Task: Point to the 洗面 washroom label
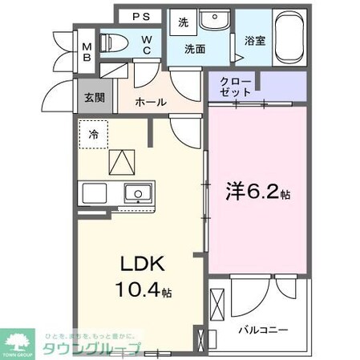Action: [x=195, y=49]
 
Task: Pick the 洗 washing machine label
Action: [x=183, y=22]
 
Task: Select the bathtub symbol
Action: [x=289, y=38]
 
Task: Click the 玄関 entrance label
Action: [x=95, y=98]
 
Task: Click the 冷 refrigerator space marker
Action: [x=94, y=135]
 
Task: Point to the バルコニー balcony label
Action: [x=262, y=329]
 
